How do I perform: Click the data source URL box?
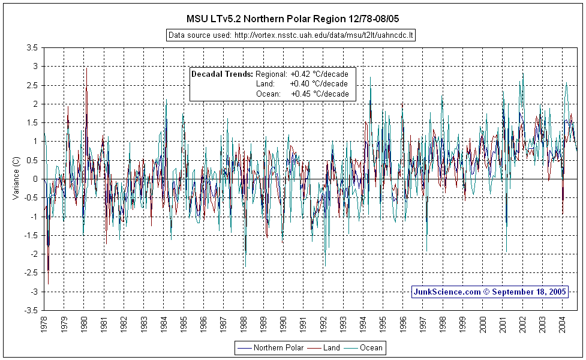point(292,35)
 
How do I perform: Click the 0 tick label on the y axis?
point(36,179)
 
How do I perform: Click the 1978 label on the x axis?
point(44,325)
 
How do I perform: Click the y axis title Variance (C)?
point(16,179)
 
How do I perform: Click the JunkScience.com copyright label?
point(489,292)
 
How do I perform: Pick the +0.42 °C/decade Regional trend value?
point(319,74)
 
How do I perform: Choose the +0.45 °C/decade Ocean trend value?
point(319,94)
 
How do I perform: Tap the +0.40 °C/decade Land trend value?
point(319,84)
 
